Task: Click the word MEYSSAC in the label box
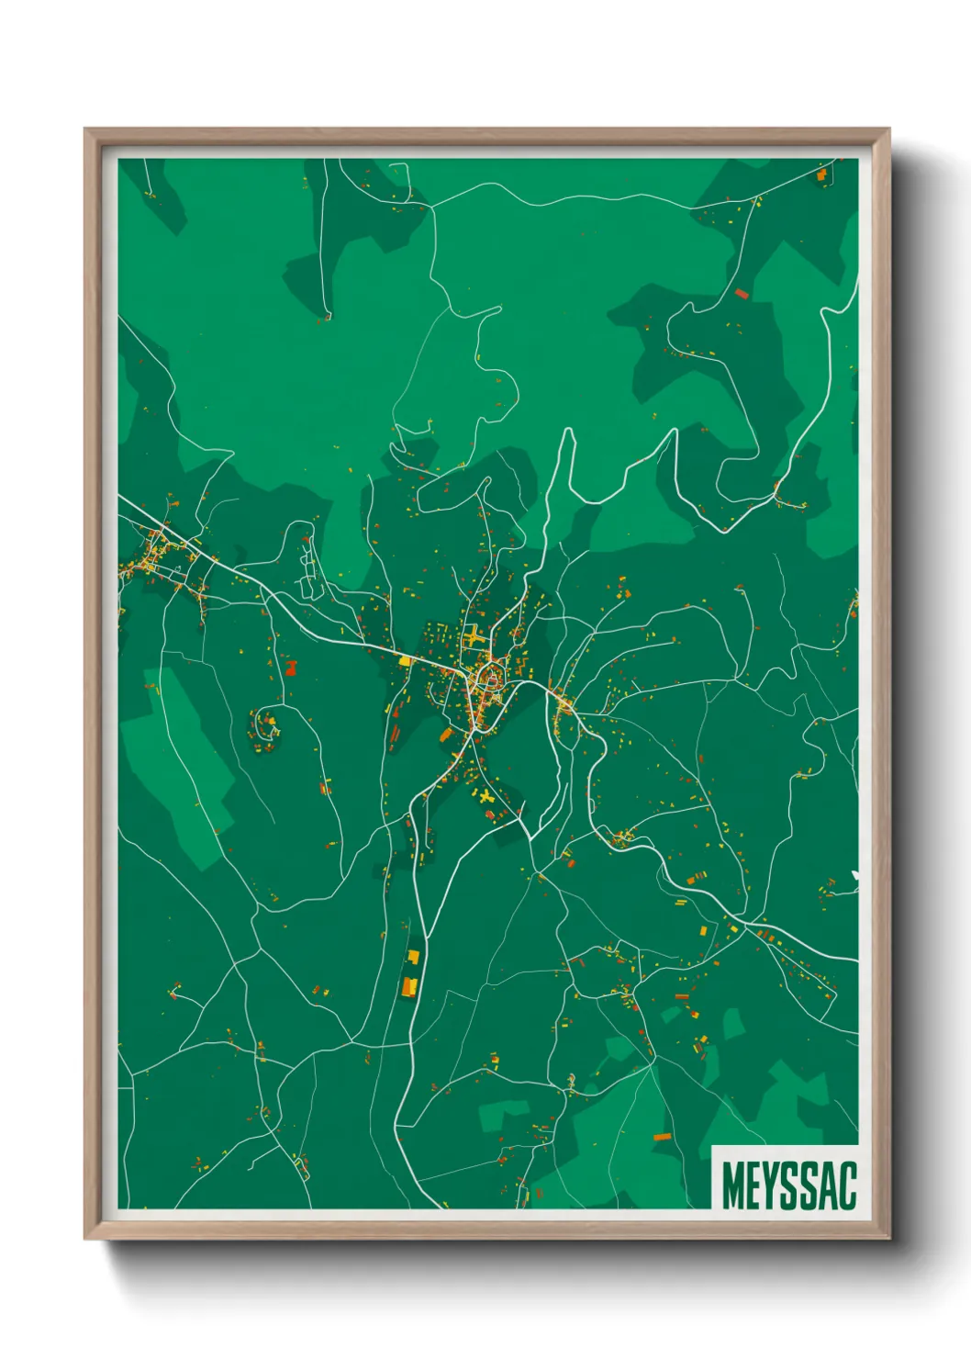(x=788, y=1185)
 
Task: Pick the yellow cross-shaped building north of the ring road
(x=472, y=635)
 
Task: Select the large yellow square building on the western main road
(x=404, y=659)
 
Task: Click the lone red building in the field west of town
(x=292, y=667)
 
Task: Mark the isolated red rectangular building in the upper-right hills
(x=742, y=294)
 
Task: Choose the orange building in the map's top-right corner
(x=821, y=174)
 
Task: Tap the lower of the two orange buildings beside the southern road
(x=409, y=987)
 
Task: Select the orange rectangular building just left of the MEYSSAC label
(x=662, y=1137)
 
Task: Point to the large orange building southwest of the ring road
(x=446, y=735)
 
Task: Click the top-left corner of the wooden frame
(x=86, y=129)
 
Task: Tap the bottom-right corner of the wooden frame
(x=888, y=1238)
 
